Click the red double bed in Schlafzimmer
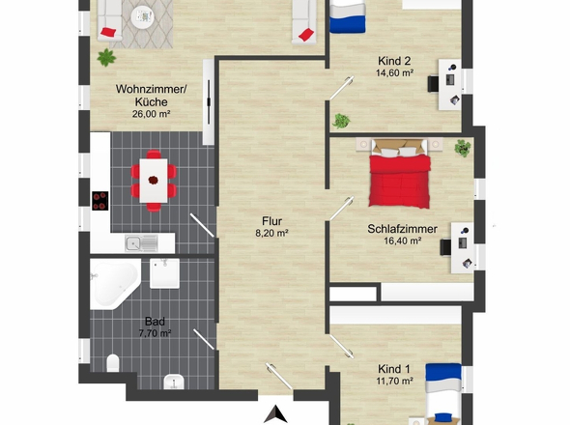pyautogui.click(x=400, y=174)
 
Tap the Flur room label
pyautogui.click(x=271, y=221)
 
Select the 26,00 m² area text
pyautogui.click(x=152, y=114)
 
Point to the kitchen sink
pyautogui.click(x=141, y=243)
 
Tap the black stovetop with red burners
pyautogui.click(x=100, y=201)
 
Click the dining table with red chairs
pyautogui.click(x=154, y=181)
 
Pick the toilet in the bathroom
pyautogui.click(x=113, y=363)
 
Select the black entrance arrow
pyautogui.click(x=275, y=414)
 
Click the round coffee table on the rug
pyautogui.click(x=142, y=17)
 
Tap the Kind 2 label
pyautogui.click(x=394, y=61)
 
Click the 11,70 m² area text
pyautogui.click(x=394, y=381)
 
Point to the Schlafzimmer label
pyautogui.click(x=402, y=229)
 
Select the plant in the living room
pyautogui.click(x=106, y=57)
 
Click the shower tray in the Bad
pyautogui.click(x=164, y=273)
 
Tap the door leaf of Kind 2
pyautogui.click(x=341, y=88)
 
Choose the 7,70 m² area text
pyautogui.click(x=155, y=333)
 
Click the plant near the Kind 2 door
pyautogui.click(x=341, y=121)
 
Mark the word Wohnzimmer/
pyautogui.click(x=151, y=89)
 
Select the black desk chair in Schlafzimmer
pyautogui.click(x=445, y=247)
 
